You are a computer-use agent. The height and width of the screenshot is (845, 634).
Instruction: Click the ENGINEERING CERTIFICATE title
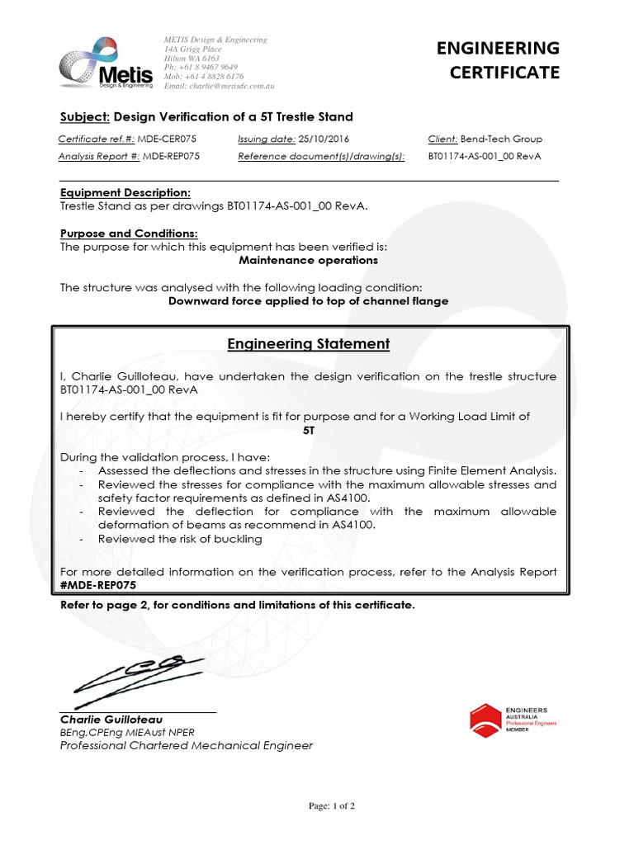tap(504, 60)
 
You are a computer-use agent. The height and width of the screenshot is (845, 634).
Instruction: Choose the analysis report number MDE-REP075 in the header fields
tap(171, 155)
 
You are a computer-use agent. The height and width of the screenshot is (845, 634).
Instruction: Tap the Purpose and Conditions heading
tap(129, 234)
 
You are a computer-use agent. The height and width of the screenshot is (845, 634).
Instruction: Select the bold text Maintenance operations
tap(308, 260)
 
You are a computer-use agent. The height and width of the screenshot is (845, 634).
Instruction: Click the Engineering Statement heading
tap(308, 343)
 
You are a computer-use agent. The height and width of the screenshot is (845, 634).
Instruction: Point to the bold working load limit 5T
tap(309, 431)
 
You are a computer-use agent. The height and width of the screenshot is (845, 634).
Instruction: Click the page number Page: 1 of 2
tap(331, 806)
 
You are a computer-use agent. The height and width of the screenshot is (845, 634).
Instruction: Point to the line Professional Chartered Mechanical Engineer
tap(187, 745)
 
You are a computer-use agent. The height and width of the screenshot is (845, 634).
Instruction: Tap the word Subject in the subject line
tap(83, 116)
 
